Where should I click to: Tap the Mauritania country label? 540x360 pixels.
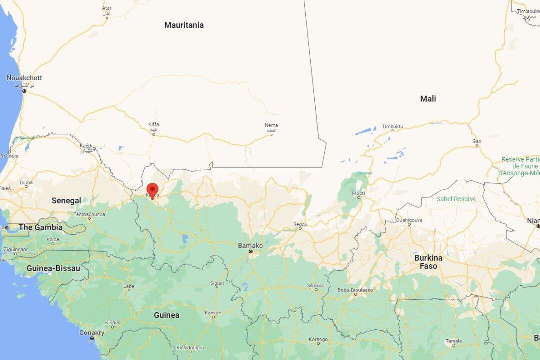tap(184, 25)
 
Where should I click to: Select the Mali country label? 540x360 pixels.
tap(428, 99)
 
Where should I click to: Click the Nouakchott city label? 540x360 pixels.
tap(24, 78)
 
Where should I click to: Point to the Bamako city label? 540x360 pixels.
tap(250, 246)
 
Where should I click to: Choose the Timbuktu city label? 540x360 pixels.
tap(392, 127)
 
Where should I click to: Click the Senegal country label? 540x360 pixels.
tap(66, 201)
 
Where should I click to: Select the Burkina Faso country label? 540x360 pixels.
tap(428, 262)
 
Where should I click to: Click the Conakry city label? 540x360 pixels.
tap(92, 333)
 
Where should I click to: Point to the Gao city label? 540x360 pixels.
tap(477, 142)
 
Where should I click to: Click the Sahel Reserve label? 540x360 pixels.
tap(456, 199)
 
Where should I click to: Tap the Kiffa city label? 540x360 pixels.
tap(153, 124)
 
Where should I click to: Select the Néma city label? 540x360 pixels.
tap(272, 125)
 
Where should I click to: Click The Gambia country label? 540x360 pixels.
tap(41, 227)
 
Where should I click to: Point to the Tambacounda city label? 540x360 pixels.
tap(89, 214)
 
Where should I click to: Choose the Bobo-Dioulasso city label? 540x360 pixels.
tap(355, 290)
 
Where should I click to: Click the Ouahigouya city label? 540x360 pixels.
tap(409, 219)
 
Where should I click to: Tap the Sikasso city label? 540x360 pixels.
tap(316, 286)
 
